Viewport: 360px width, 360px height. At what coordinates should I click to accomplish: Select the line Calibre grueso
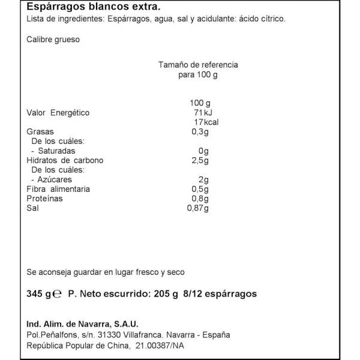click(53, 40)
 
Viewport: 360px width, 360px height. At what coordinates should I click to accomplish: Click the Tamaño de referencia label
click(198, 65)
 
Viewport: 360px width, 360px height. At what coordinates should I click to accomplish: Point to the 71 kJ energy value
click(198, 112)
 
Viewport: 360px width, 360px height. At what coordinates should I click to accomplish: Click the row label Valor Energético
click(58, 112)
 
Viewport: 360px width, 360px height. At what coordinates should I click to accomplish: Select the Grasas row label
click(41, 131)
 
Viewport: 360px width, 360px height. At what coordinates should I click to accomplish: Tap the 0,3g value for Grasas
click(200, 131)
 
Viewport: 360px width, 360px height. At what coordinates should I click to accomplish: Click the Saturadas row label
click(56, 151)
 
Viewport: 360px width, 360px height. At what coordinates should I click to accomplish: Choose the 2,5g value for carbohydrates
click(199, 160)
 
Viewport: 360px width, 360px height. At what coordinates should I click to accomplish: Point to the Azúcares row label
click(55, 179)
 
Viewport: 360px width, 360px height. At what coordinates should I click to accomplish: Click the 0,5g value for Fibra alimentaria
click(199, 189)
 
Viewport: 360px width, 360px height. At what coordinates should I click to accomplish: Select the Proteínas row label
click(45, 199)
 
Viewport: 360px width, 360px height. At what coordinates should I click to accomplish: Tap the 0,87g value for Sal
click(198, 208)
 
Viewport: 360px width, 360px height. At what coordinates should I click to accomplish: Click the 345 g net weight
click(39, 294)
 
